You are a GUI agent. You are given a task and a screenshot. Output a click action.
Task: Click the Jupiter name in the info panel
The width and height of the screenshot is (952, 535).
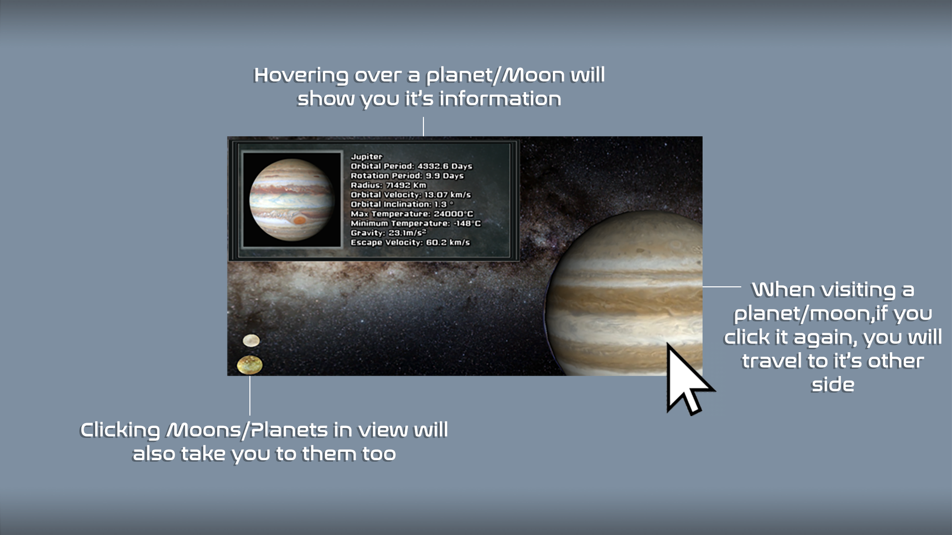point(366,157)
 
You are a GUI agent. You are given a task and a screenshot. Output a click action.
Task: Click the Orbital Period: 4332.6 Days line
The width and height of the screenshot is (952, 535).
point(412,166)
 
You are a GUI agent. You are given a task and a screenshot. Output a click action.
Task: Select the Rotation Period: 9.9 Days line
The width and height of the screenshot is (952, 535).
point(407,176)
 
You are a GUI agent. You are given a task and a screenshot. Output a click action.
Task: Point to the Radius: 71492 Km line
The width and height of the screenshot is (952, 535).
point(388,185)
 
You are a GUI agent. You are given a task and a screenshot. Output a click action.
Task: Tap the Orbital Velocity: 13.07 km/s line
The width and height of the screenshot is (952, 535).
point(411,195)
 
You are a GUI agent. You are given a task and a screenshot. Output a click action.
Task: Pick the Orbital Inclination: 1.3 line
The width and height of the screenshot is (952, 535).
point(402,204)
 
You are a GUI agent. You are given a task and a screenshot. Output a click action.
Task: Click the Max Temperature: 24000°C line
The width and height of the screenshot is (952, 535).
point(412,214)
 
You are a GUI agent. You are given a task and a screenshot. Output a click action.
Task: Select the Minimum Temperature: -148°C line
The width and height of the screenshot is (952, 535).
point(416,223)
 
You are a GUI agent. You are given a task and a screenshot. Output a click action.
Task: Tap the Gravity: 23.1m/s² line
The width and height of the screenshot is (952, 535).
point(388,233)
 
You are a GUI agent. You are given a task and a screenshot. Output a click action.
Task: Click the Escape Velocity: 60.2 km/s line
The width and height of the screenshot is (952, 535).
point(410,242)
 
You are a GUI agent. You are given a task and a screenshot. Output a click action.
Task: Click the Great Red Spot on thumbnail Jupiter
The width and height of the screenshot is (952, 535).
point(299,220)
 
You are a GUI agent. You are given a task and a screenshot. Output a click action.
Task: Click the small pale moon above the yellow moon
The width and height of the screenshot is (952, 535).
point(251,340)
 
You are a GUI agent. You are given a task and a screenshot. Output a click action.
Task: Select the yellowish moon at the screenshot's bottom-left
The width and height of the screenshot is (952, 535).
point(250,365)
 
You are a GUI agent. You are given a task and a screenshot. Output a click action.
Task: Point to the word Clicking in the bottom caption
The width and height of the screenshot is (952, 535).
point(120,430)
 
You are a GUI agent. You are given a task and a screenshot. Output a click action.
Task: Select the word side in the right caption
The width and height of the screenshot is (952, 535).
point(833,385)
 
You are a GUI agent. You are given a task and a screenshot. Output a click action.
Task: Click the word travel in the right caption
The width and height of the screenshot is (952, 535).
point(771,361)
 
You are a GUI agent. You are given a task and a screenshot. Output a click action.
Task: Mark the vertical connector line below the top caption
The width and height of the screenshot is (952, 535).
point(423,127)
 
